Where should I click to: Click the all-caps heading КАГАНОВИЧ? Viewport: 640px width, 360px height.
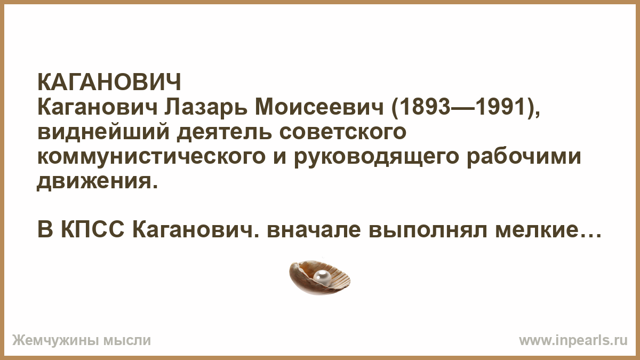coord(109,82)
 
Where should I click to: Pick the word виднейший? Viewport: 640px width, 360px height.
coord(103,132)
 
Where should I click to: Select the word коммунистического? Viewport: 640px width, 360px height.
coord(151,158)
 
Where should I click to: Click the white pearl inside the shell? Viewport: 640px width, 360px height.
coord(322,277)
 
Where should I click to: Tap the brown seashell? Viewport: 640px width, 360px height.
coord(319,277)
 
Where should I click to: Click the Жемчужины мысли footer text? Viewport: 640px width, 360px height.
coord(82,341)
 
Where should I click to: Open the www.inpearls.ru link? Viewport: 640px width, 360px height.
coord(573,341)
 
